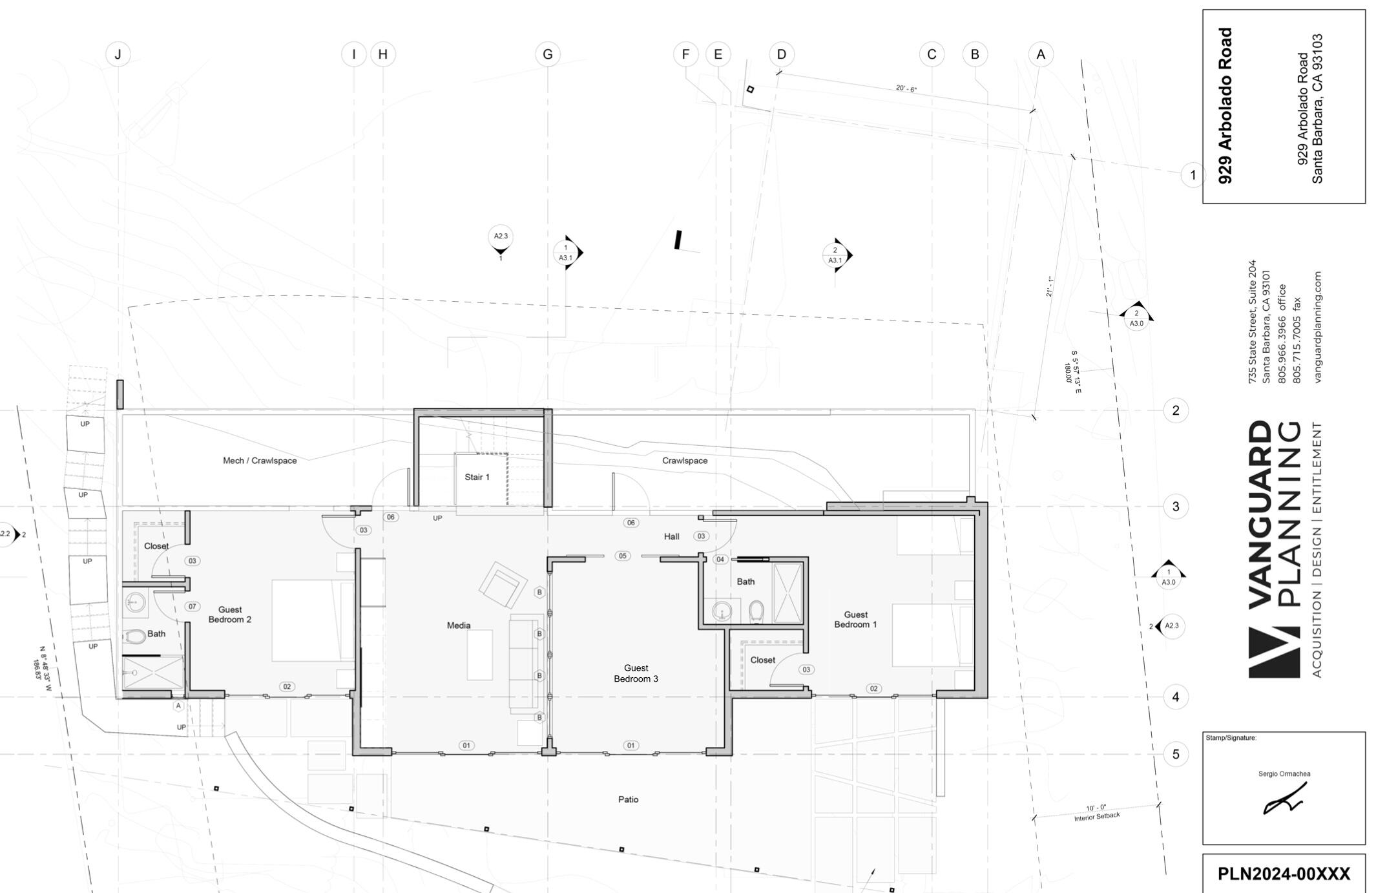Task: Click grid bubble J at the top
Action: coord(118,54)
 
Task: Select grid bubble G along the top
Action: coord(547,54)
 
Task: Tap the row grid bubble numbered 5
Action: coord(1175,754)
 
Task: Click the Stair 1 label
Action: coord(477,477)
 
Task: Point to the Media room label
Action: coord(459,625)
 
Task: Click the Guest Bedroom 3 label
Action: coord(636,673)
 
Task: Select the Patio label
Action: coord(628,799)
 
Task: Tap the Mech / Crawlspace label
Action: coord(260,461)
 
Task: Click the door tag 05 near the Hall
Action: coord(622,556)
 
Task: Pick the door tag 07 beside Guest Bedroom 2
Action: coord(192,606)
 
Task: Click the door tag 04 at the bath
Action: coord(720,559)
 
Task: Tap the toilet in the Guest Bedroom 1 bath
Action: coord(756,611)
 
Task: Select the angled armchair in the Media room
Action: coord(501,585)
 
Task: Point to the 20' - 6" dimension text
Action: coord(906,89)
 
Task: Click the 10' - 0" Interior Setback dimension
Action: coord(1096,812)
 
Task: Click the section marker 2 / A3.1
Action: coord(835,255)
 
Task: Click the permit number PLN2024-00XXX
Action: coord(1283,874)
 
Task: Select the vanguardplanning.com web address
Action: coord(1318,326)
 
